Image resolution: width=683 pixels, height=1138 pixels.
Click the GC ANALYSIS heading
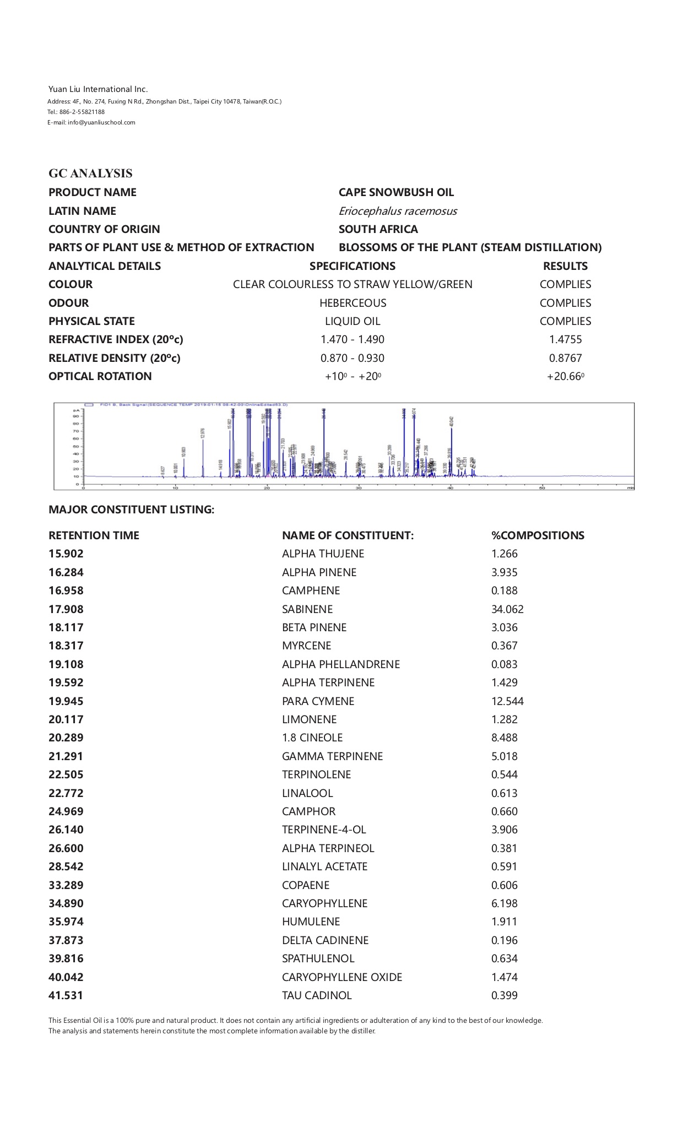[90, 174]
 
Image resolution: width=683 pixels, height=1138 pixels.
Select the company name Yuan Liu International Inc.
[98, 89]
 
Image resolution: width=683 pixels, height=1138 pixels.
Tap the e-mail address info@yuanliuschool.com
[101, 122]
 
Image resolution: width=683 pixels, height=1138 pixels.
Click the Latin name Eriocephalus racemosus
[398, 211]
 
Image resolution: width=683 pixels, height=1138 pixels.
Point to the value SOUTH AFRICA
[378, 229]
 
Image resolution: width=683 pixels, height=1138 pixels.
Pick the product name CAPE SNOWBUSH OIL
[396, 192]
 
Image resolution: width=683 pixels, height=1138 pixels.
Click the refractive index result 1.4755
[565, 339]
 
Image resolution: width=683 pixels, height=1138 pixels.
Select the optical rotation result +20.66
[565, 376]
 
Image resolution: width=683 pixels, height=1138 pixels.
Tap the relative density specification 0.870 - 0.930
[353, 358]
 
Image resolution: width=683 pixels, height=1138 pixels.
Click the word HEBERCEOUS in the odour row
[353, 303]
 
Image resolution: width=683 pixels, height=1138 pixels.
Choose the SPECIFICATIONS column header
[353, 266]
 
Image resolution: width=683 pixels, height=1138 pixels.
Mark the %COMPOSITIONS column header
[538, 535]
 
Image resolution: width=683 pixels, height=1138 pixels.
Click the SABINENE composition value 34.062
[507, 609]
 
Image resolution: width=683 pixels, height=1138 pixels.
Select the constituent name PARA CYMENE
[318, 701]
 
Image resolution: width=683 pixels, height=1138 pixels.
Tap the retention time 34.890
[66, 903]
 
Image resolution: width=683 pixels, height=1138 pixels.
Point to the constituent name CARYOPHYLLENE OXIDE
[342, 977]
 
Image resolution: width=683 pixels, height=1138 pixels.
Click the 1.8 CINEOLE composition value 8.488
[505, 738]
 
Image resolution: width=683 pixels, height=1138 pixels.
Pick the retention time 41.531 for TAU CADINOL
[66, 995]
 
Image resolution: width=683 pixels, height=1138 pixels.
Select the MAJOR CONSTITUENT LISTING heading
[131, 510]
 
